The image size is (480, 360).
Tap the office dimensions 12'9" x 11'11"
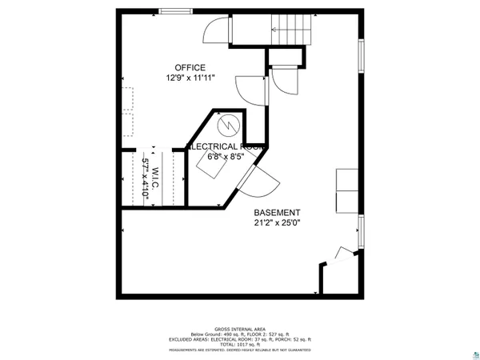point(191,78)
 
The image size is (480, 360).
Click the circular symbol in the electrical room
point(228,125)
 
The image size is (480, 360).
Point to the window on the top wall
point(174,11)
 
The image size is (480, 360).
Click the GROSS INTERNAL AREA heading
point(240,329)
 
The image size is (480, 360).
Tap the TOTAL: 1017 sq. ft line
point(240,344)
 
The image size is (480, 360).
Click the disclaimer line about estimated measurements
point(240,350)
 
